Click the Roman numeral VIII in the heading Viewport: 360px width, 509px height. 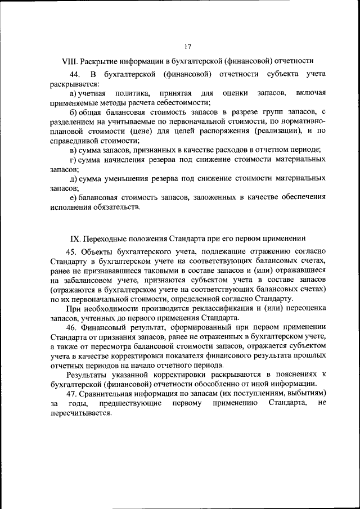pos(69,60)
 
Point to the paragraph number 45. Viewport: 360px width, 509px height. pos(73,250)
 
